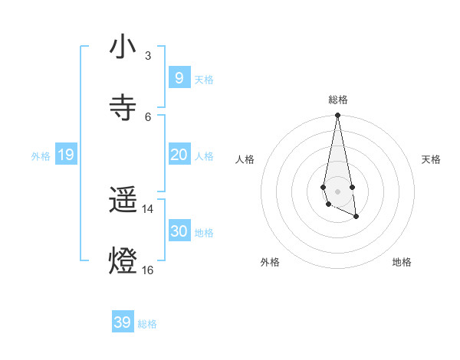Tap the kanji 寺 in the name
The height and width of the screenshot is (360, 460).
point(123,108)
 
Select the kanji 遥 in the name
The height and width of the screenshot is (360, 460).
point(123,201)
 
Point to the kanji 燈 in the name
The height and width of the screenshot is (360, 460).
point(123,261)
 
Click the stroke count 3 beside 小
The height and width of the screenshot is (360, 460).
point(148,56)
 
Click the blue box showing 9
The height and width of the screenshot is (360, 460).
point(179,78)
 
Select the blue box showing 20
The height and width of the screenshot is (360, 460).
point(179,155)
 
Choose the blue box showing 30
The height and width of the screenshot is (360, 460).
point(179,231)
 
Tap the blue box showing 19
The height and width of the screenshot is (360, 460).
point(66,155)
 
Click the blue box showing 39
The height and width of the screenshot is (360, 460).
point(123,322)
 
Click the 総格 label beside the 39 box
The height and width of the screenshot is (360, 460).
point(147,324)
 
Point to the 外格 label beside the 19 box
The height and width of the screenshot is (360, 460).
point(41,156)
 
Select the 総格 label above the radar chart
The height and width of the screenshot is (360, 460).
point(338,100)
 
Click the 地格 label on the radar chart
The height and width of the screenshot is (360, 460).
point(402,262)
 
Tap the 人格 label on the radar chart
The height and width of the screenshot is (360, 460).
point(245,159)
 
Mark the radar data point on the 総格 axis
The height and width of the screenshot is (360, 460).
point(337,116)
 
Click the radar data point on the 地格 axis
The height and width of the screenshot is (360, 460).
point(356,217)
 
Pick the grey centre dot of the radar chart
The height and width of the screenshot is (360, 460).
point(337,191)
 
